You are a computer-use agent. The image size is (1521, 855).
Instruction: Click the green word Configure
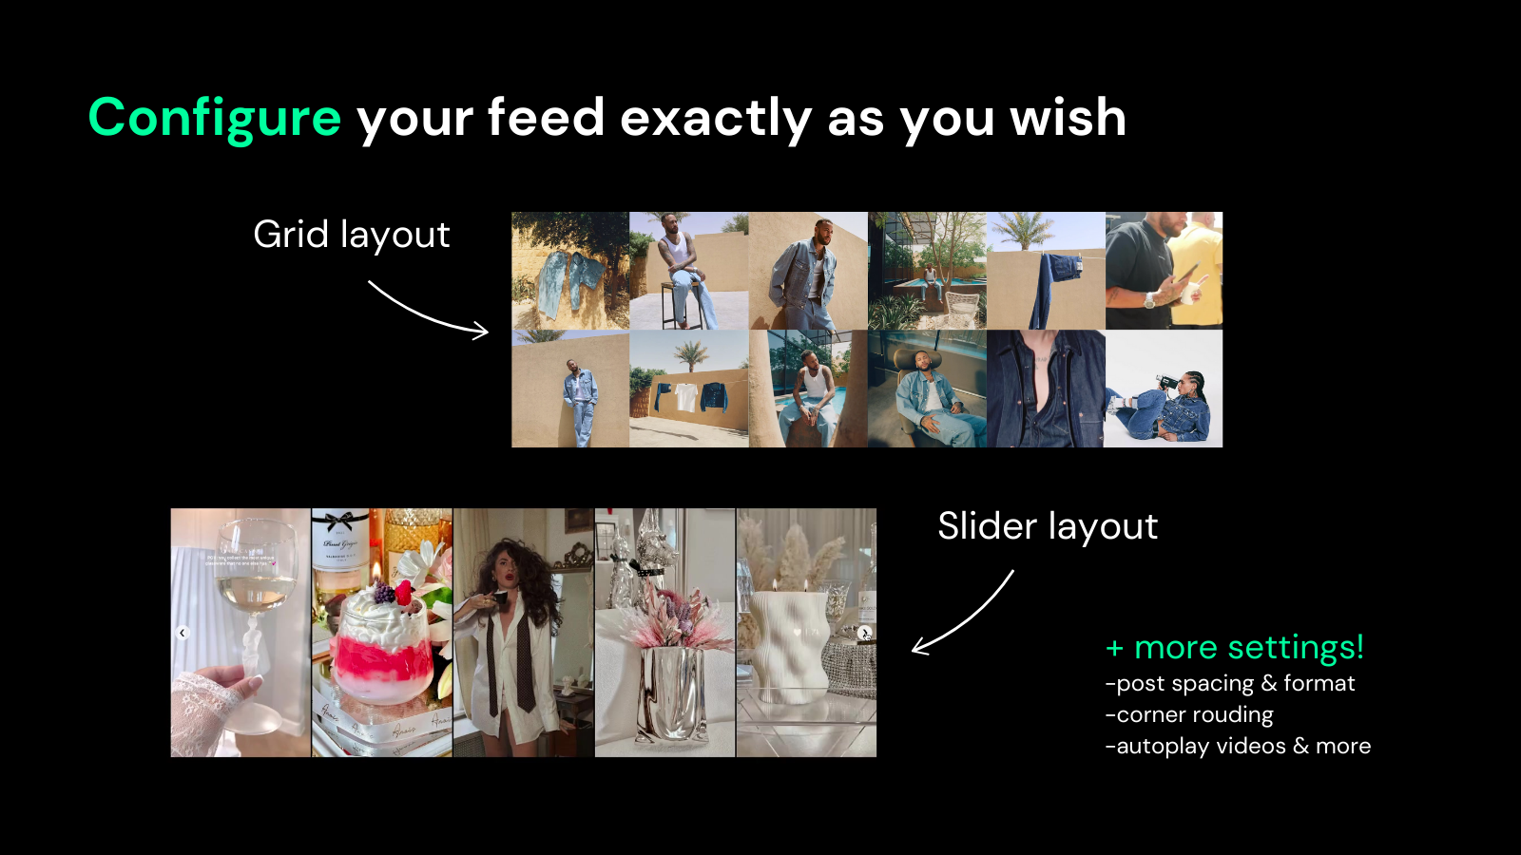215,118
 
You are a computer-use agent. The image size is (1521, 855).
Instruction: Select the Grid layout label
351,236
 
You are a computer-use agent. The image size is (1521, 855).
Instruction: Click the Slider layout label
1048,526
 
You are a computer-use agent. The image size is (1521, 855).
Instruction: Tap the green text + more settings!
1235,647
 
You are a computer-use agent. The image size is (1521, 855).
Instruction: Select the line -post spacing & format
1230,683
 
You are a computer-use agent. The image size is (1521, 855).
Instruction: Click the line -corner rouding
1189,714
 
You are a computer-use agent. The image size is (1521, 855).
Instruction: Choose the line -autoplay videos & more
1238,746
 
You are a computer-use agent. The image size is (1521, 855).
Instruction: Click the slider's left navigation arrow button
182,633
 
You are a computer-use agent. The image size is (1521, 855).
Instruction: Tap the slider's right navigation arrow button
864,633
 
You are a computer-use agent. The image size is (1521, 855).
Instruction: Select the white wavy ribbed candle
788,645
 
